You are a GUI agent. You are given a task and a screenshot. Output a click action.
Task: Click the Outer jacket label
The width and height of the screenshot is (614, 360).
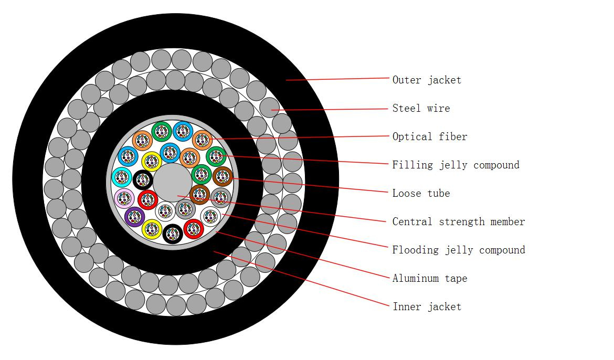tap(427, 80)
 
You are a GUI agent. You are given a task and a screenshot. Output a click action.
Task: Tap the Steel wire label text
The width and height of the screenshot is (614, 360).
tap(421, 108)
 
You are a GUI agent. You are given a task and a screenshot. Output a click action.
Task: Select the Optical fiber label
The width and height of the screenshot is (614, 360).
tap(430, 136)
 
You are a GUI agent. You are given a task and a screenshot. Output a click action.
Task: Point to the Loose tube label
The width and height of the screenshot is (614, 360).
tap(421, 193)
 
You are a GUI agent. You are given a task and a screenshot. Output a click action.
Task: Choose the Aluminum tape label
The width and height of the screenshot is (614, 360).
tap(430, 278)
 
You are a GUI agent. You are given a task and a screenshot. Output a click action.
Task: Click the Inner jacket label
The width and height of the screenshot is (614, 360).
tap(427, 306)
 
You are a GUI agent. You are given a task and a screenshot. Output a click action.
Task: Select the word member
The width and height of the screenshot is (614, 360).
tap(507, 221)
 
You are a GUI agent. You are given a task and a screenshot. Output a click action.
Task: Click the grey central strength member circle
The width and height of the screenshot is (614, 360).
tap(173, 183)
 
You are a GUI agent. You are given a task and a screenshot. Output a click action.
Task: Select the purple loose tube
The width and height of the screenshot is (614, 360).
tap(135, 217)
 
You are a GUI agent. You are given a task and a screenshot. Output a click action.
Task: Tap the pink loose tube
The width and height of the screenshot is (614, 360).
tap(125, 198)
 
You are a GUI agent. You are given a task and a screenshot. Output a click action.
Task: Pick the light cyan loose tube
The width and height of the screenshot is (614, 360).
tap(122, 177)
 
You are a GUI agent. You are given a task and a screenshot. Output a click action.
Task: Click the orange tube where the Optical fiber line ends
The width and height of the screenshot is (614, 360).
tap(203, 140)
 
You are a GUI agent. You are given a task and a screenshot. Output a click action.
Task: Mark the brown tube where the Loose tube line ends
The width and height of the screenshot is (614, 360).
tap(223, 176)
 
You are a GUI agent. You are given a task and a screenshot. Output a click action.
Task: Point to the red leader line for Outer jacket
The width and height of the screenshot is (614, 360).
tap(337, 79)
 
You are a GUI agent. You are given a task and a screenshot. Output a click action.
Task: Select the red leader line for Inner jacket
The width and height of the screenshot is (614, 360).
tap(302, 279)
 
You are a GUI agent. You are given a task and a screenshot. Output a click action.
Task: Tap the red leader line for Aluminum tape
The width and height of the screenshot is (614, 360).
tap(303, 255)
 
